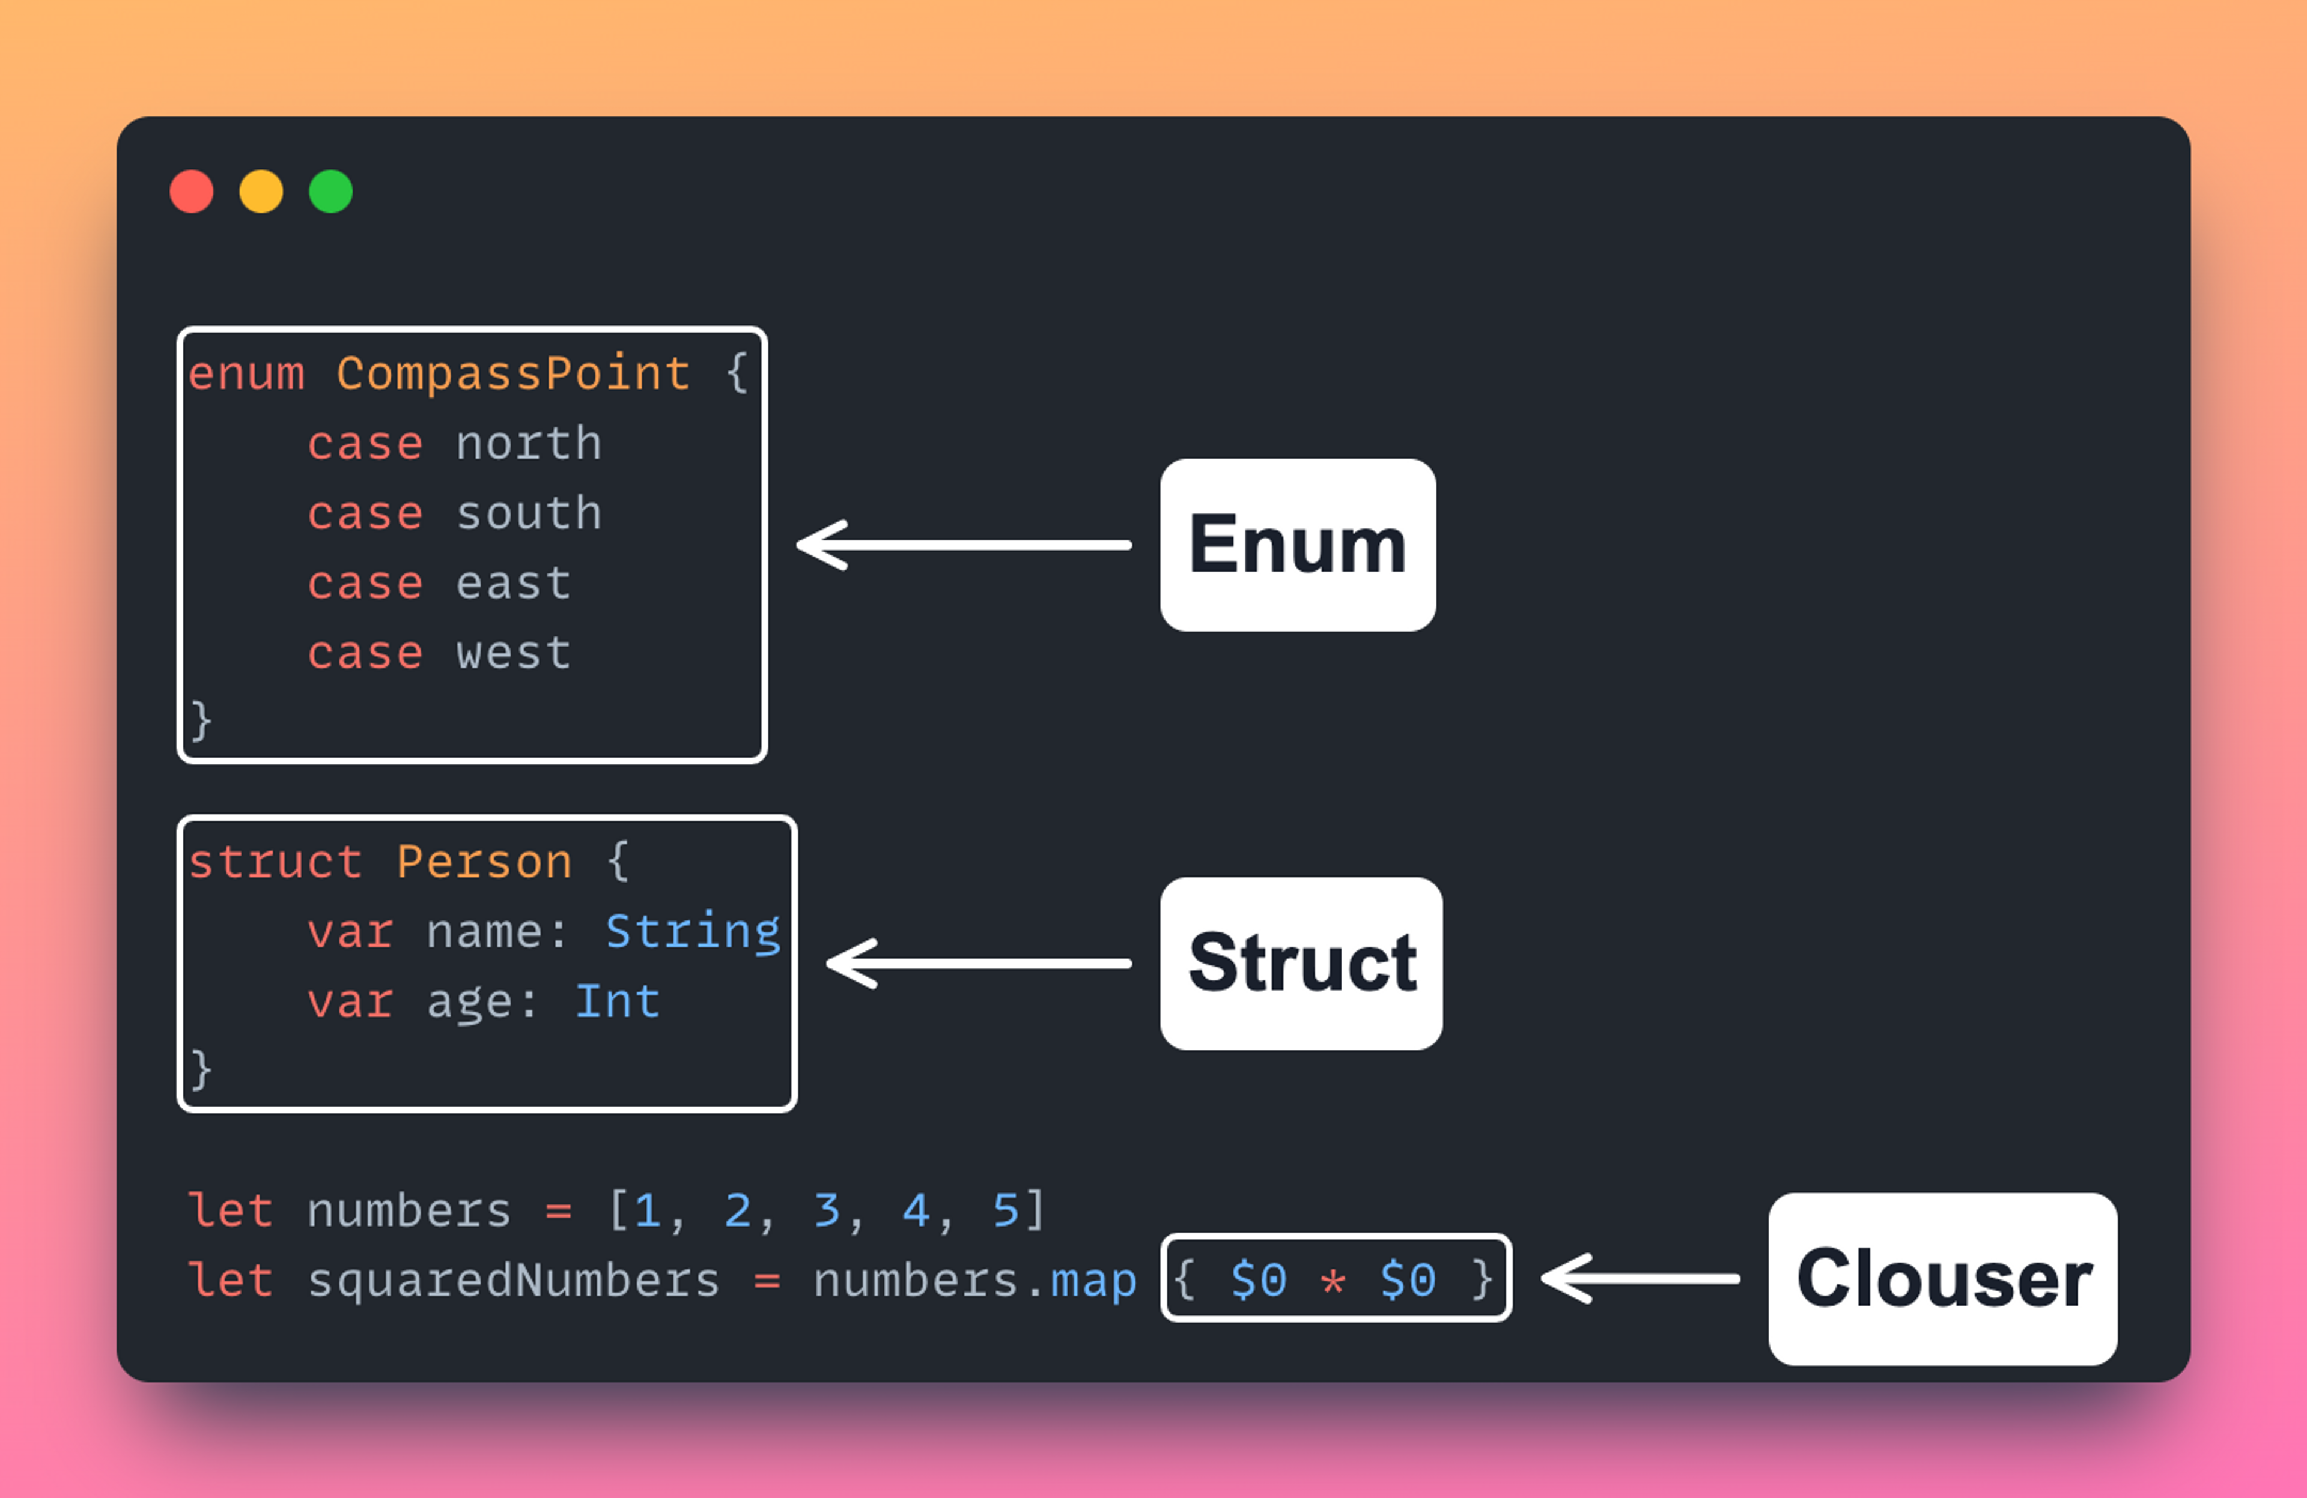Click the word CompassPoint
[513, 374]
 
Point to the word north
[528, 444]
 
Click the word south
[528, 513]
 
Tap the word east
[513, 584]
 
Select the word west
[513, 653]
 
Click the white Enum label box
[1297, 545]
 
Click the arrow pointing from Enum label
[964, 545]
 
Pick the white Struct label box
[1301, 962]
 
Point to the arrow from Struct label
[979, 962]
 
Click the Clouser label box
[1942, 1278]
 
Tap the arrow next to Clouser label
[1640, 1278]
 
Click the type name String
[692, 932]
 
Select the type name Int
[618, 1002]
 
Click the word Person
[484, 862]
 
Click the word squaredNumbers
[513, 1281]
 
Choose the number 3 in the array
[826, 1211]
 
